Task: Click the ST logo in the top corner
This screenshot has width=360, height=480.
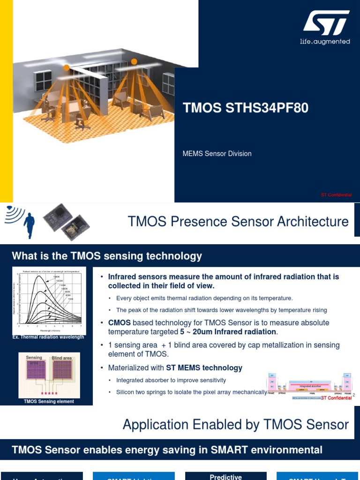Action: (326, 23)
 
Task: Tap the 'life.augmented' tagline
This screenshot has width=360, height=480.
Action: (325, 42)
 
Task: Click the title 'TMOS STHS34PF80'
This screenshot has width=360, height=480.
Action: (246, 108)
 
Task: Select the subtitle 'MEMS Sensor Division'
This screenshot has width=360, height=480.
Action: (217, 154)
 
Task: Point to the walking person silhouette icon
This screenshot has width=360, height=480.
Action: (30, 225)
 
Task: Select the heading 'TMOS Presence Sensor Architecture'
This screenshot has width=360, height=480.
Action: (238, 222)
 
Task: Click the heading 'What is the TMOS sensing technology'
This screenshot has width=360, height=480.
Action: (107, 256)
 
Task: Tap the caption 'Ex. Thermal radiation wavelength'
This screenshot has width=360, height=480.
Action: (48, 337)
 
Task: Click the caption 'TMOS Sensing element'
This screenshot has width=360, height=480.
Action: (49, 402)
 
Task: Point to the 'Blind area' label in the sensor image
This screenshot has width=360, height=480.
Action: (62, 358)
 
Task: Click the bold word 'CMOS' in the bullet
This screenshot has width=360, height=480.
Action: (120, 323)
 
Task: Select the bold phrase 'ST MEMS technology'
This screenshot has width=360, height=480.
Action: (204, 368)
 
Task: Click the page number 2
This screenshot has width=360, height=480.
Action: (354, 396)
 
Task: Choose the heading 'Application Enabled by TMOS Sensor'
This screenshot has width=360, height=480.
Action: (236, 425)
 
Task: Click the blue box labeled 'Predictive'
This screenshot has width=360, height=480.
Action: (225, 476)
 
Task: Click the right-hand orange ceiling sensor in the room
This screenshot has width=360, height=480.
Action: (135, 61)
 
